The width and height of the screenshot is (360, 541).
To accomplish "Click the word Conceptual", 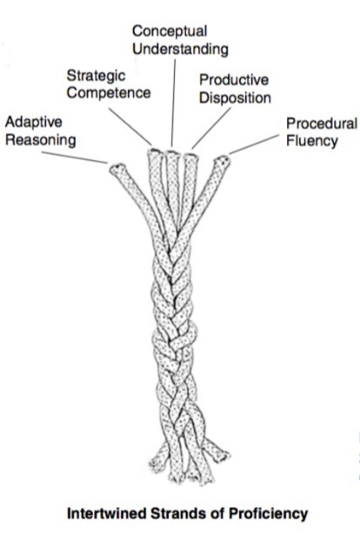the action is click(170, 32).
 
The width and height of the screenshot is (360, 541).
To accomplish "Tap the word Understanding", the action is click(180, 50).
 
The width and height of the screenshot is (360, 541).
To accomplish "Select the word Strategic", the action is click(96, 77).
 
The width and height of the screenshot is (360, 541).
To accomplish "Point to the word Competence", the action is click(109, 93).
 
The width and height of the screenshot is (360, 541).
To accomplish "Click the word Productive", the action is click(234, 80).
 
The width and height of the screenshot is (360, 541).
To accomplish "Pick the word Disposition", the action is click(235, 98).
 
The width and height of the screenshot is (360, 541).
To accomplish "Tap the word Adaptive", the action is click(34, 123).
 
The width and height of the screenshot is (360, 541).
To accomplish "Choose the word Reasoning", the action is click(41, 140).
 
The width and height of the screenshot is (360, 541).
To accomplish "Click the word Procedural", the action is click(322, 124).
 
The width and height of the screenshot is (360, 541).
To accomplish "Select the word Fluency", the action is click(311, 141).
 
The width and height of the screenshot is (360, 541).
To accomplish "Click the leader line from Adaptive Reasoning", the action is click(75, 157).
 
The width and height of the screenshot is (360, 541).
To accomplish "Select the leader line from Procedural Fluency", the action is click(253, 144).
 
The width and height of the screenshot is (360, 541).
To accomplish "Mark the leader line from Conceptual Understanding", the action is click(173, 103).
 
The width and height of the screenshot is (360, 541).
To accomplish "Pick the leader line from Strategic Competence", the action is click(130, 127).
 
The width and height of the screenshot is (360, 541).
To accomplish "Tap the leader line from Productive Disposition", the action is click(211, 128).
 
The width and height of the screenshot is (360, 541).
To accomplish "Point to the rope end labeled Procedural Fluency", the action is click(222, 162).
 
